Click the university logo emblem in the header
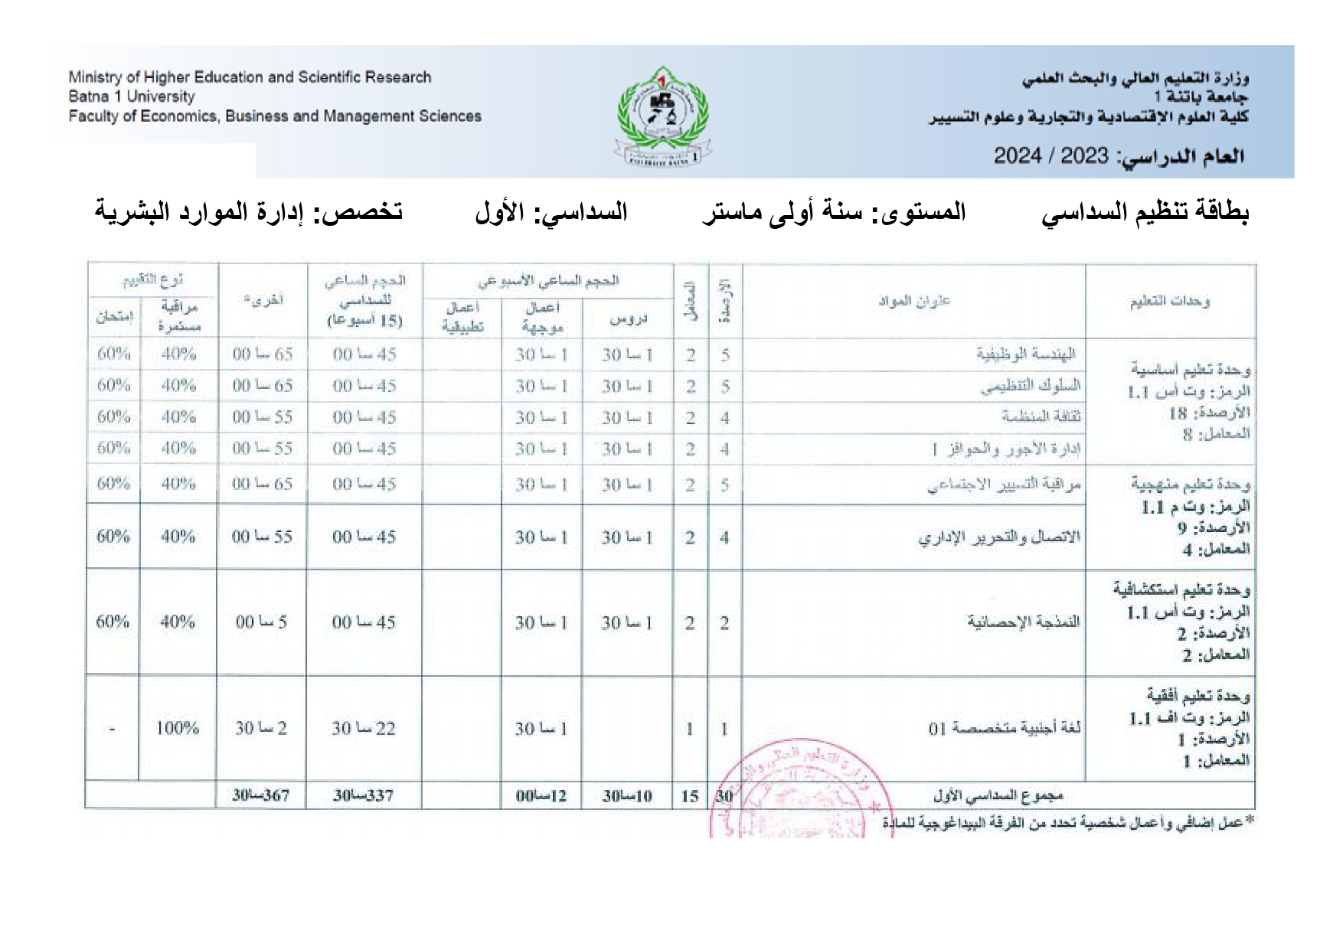(x=663, y=116)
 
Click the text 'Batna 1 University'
(x=132, y=96)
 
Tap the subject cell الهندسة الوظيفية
(x=1026, y=354)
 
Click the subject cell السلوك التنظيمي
(x=1030, y=386)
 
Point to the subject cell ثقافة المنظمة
(x=1040, y=417)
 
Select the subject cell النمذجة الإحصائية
(x=1023, y=622)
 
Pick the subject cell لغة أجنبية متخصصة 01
(x=1005, y=728)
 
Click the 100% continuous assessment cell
(x=178, y=728)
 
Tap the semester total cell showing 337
(x=364, y=795)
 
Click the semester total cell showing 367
(x=262, y=795)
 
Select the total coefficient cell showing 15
(x=690, y=796)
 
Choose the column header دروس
(x=628, y=318)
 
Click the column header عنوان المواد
(x=914, y=301)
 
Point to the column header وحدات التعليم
(x=1169, y=301)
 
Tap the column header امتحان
(x=113, y=317)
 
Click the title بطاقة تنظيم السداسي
(x=1145, y=211)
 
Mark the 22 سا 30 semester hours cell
(x=364, y=728)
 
